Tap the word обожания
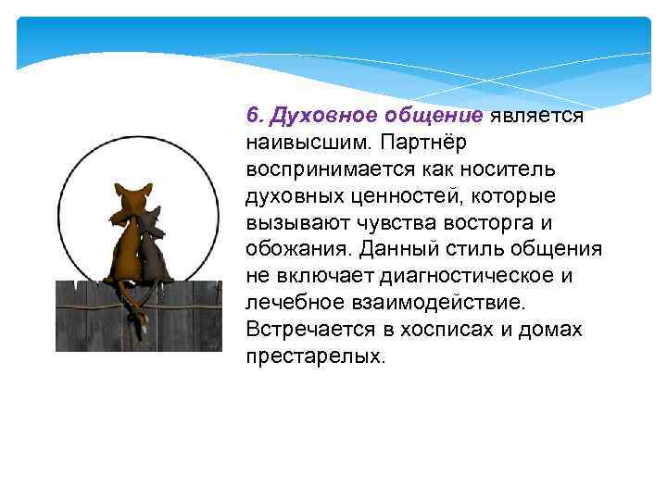(296, 250)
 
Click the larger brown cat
(124, 241)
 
